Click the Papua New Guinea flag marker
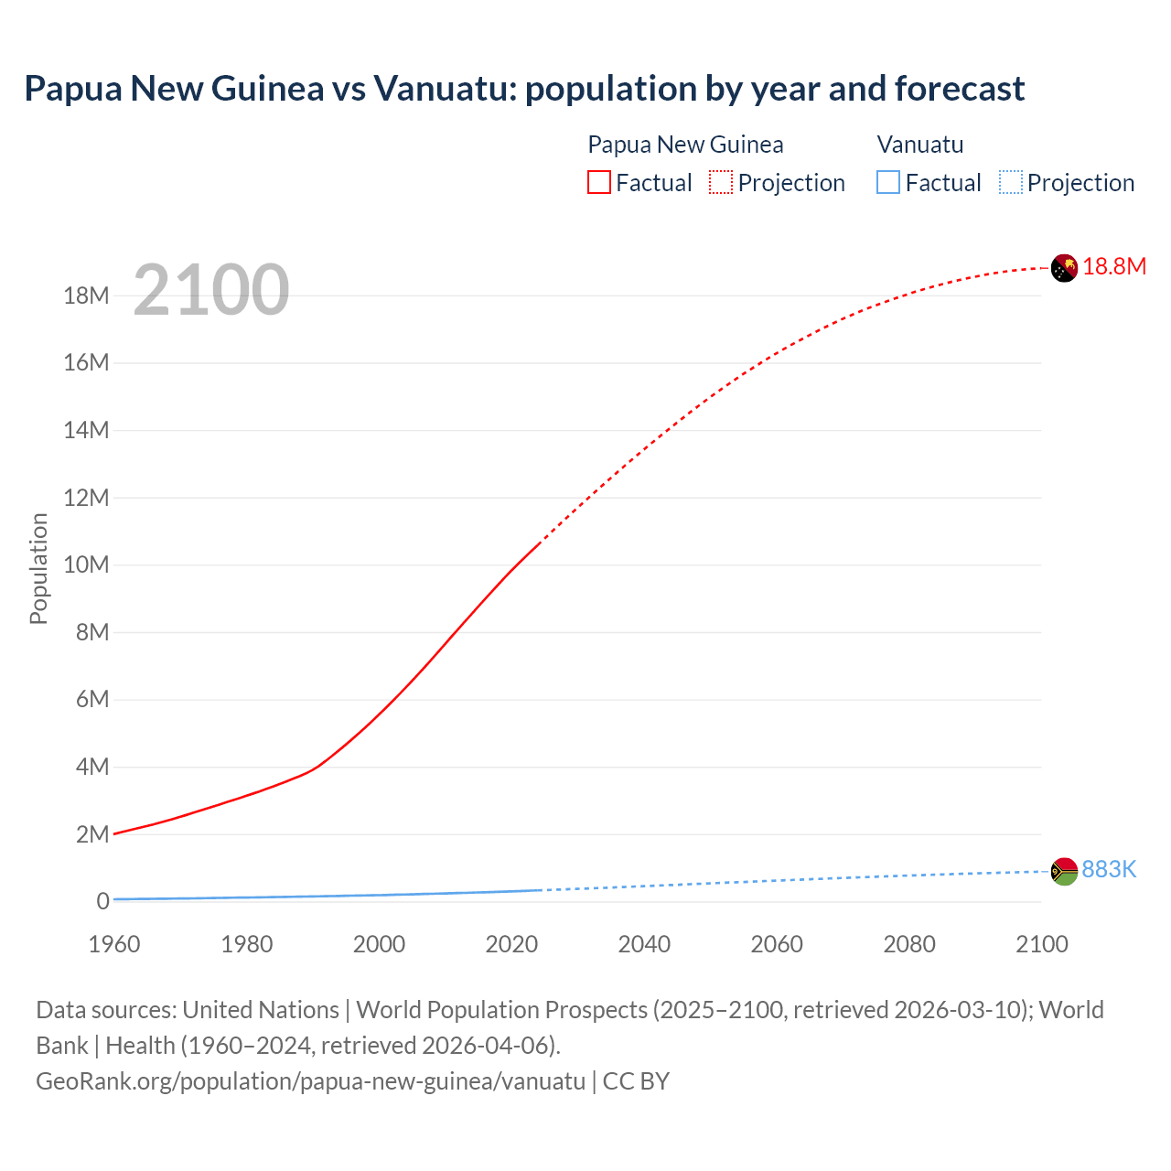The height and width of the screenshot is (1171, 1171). [1064, 268]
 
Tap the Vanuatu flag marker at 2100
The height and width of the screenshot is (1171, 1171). [1064, 871]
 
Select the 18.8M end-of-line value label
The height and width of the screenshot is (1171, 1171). [1114, 266]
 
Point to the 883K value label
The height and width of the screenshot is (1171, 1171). [1109, 869]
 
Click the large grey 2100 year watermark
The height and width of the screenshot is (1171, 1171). [211, 291]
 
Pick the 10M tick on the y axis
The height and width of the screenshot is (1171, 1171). [87, 564]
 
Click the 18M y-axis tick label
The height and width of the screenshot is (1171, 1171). [87, 295]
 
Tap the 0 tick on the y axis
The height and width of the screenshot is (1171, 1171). [102, 901]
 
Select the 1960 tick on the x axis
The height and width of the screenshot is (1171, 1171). [114, 944]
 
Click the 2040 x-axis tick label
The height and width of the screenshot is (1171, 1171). [644, 944]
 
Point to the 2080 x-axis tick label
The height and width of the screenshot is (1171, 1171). [909, 944]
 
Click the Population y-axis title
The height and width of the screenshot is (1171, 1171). [38, 568]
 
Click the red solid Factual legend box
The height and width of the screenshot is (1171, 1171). [599, 183]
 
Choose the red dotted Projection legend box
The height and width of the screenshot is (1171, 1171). [721, 183]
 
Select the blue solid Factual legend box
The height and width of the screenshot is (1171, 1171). [888, 183]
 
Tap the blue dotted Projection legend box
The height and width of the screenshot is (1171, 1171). [1010, 183]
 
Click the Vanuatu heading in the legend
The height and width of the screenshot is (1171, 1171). [920, 145]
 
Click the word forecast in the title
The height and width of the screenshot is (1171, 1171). [960, 89]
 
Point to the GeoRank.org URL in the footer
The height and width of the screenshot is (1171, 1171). [310, 1081]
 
